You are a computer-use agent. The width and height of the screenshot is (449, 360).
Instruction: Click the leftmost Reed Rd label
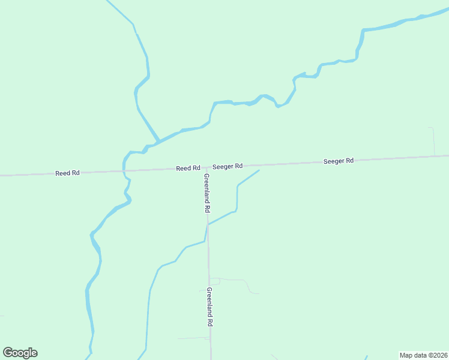click(x=67, y=173)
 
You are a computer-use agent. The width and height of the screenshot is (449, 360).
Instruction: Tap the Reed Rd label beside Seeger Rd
click(x=188, y=169)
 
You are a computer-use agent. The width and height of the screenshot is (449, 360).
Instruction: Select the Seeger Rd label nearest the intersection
click(x=227, y=166)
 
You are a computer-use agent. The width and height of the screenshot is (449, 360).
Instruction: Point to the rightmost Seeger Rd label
click(x=339, y=161)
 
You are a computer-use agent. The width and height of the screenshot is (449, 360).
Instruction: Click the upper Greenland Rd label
click(x=206, y=193)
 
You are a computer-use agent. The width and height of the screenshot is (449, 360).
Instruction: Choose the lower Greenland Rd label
click(x=210, y=306)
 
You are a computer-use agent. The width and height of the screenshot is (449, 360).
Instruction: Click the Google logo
click(x=20, y=353)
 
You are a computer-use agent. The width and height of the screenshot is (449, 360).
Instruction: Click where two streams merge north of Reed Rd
click(x=158, y=142)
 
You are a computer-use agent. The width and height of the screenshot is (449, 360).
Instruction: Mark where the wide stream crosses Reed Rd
click(x=124, y=171)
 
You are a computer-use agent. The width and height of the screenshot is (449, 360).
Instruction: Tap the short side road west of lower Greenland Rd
click(x=192, y=338)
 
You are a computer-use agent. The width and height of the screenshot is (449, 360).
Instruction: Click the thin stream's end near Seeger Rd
click(x=259, y=170)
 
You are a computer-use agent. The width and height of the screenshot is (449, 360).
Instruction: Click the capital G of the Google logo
click(x=8, y=352)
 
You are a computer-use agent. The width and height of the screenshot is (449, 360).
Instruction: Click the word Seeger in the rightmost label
click(x=333, y=161)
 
